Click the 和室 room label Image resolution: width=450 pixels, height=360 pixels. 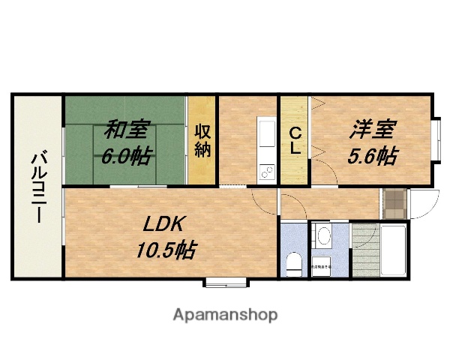point(125,130)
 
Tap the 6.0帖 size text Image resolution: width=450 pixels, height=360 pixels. point(126,156)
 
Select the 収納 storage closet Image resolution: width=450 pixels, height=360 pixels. point(202,139)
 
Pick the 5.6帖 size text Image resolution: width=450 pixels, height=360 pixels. point(372,156)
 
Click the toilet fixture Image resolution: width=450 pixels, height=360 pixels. point(293,262)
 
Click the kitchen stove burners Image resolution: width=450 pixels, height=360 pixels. point(267,173)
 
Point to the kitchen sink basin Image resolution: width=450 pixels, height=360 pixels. point(268,135)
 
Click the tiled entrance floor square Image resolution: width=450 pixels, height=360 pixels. point(393,202)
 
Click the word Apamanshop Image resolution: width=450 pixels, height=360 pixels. point(225,314)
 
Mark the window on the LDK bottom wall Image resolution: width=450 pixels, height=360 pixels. point(226,283)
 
